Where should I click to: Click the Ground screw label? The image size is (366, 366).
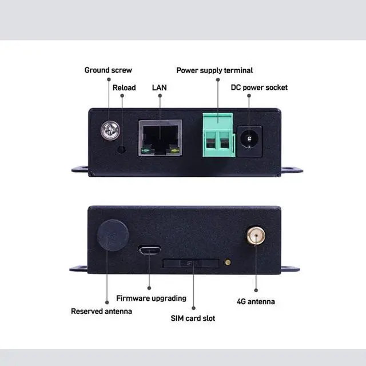(108, 70)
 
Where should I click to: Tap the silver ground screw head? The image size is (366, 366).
(109, 131)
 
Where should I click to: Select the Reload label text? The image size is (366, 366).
(124, 87)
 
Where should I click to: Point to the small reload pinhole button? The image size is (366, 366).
(121, 150)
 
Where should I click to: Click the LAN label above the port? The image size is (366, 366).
(160, 87)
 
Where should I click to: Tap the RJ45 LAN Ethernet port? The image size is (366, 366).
(160, 138)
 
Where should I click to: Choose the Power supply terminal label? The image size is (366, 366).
(214, 70)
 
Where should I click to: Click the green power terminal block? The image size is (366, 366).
(217, 135)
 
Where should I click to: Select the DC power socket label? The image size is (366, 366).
(259, 87)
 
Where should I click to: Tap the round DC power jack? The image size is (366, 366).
(249, 139)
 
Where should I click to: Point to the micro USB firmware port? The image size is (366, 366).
(149, 250)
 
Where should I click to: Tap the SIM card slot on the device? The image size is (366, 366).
(190, 263)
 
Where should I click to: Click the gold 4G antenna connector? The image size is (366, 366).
(255, 235)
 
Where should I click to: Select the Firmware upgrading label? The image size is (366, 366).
(151, 298)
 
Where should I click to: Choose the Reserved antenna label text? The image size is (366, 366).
(101, 312)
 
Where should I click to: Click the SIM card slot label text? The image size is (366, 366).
(193, 318)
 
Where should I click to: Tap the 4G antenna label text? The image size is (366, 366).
(256, 301)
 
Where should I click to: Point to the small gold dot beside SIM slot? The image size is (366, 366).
(228, 262)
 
